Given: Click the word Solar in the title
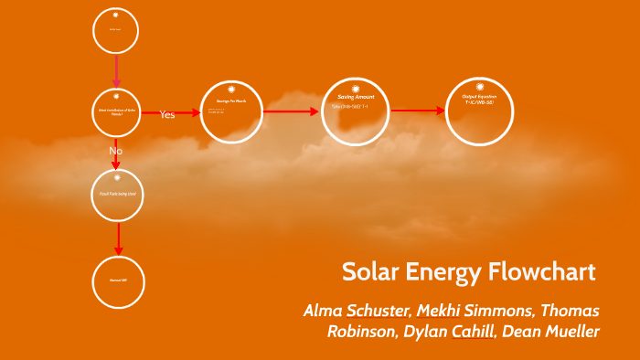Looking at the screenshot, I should tap(369, 271).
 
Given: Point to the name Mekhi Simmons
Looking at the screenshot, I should tap(474, 310).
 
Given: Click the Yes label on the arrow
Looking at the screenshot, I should tap(167, 114).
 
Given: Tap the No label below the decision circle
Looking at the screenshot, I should tap(115, 150).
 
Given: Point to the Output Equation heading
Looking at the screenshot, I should tap(478, 96).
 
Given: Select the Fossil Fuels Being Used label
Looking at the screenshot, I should tap(117, 195).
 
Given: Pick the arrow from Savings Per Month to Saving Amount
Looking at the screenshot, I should tap(293, 112).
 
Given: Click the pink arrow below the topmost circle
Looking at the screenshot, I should tap(116, 69).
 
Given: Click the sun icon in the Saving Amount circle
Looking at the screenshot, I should tap(357, 88).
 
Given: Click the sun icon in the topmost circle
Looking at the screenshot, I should tap(116, 16).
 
